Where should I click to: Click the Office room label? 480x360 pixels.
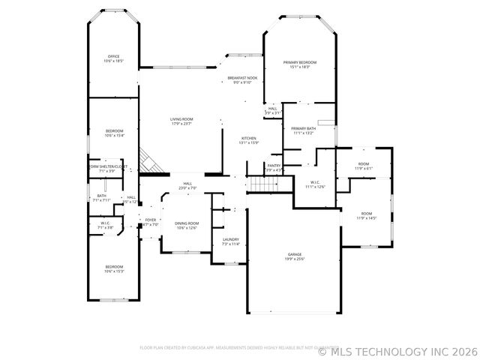[113, 58]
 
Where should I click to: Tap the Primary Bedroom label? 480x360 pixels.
[299, 64]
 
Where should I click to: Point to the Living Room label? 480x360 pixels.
[181, 121]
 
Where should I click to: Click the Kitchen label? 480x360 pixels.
[249, 140]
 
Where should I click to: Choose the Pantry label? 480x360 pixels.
[274, 167]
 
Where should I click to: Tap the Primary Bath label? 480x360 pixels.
[303, 131]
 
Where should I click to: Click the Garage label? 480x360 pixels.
[294, 256]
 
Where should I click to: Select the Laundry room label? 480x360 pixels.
[230, 241]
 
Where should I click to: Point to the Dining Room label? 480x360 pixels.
[187, 225]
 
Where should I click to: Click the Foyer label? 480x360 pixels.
[151, 222]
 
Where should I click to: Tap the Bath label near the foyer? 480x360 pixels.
[101, 198]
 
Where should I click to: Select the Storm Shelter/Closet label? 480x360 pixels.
[107, 168]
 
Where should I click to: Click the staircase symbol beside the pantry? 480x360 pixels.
[262, 184]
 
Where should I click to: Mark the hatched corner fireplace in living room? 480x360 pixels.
[150, 163]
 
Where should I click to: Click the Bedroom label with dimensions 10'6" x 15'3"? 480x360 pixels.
[113, 269]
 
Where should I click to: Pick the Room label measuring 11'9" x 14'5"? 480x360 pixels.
[366, 215]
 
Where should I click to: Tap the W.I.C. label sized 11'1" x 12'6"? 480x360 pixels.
[316, 184]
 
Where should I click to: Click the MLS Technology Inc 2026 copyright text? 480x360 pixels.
[397, 350]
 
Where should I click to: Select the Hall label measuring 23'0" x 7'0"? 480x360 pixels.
[187, 186]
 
